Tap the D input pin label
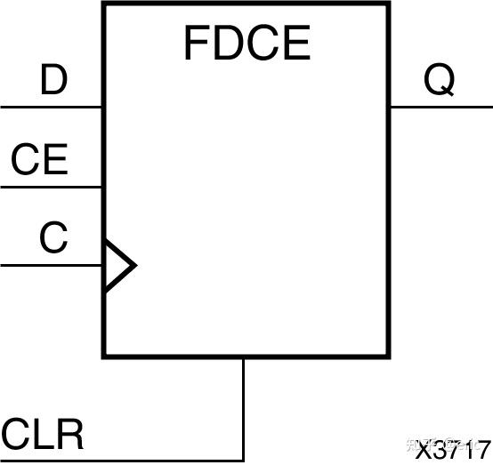point(54,82)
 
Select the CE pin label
point(39,161)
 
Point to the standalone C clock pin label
point(53,238)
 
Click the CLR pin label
point(43,436)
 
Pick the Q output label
point(439,81)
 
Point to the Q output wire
point(440,107)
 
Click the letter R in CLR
point(70,436)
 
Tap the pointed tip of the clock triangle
point(134,265)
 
